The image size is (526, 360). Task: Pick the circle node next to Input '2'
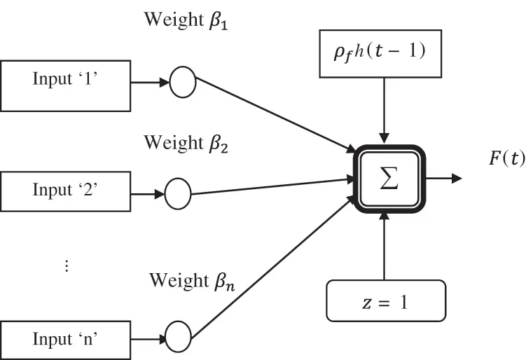coord(177,191)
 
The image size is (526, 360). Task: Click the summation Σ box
coord(388,179)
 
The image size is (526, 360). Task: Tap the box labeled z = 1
coord(385,302)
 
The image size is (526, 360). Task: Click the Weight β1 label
coord(186,20)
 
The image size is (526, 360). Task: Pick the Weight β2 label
coord(186,143)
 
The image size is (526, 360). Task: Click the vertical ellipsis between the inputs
coord(67,266)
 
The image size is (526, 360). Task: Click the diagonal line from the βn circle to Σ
coord(273,266)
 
